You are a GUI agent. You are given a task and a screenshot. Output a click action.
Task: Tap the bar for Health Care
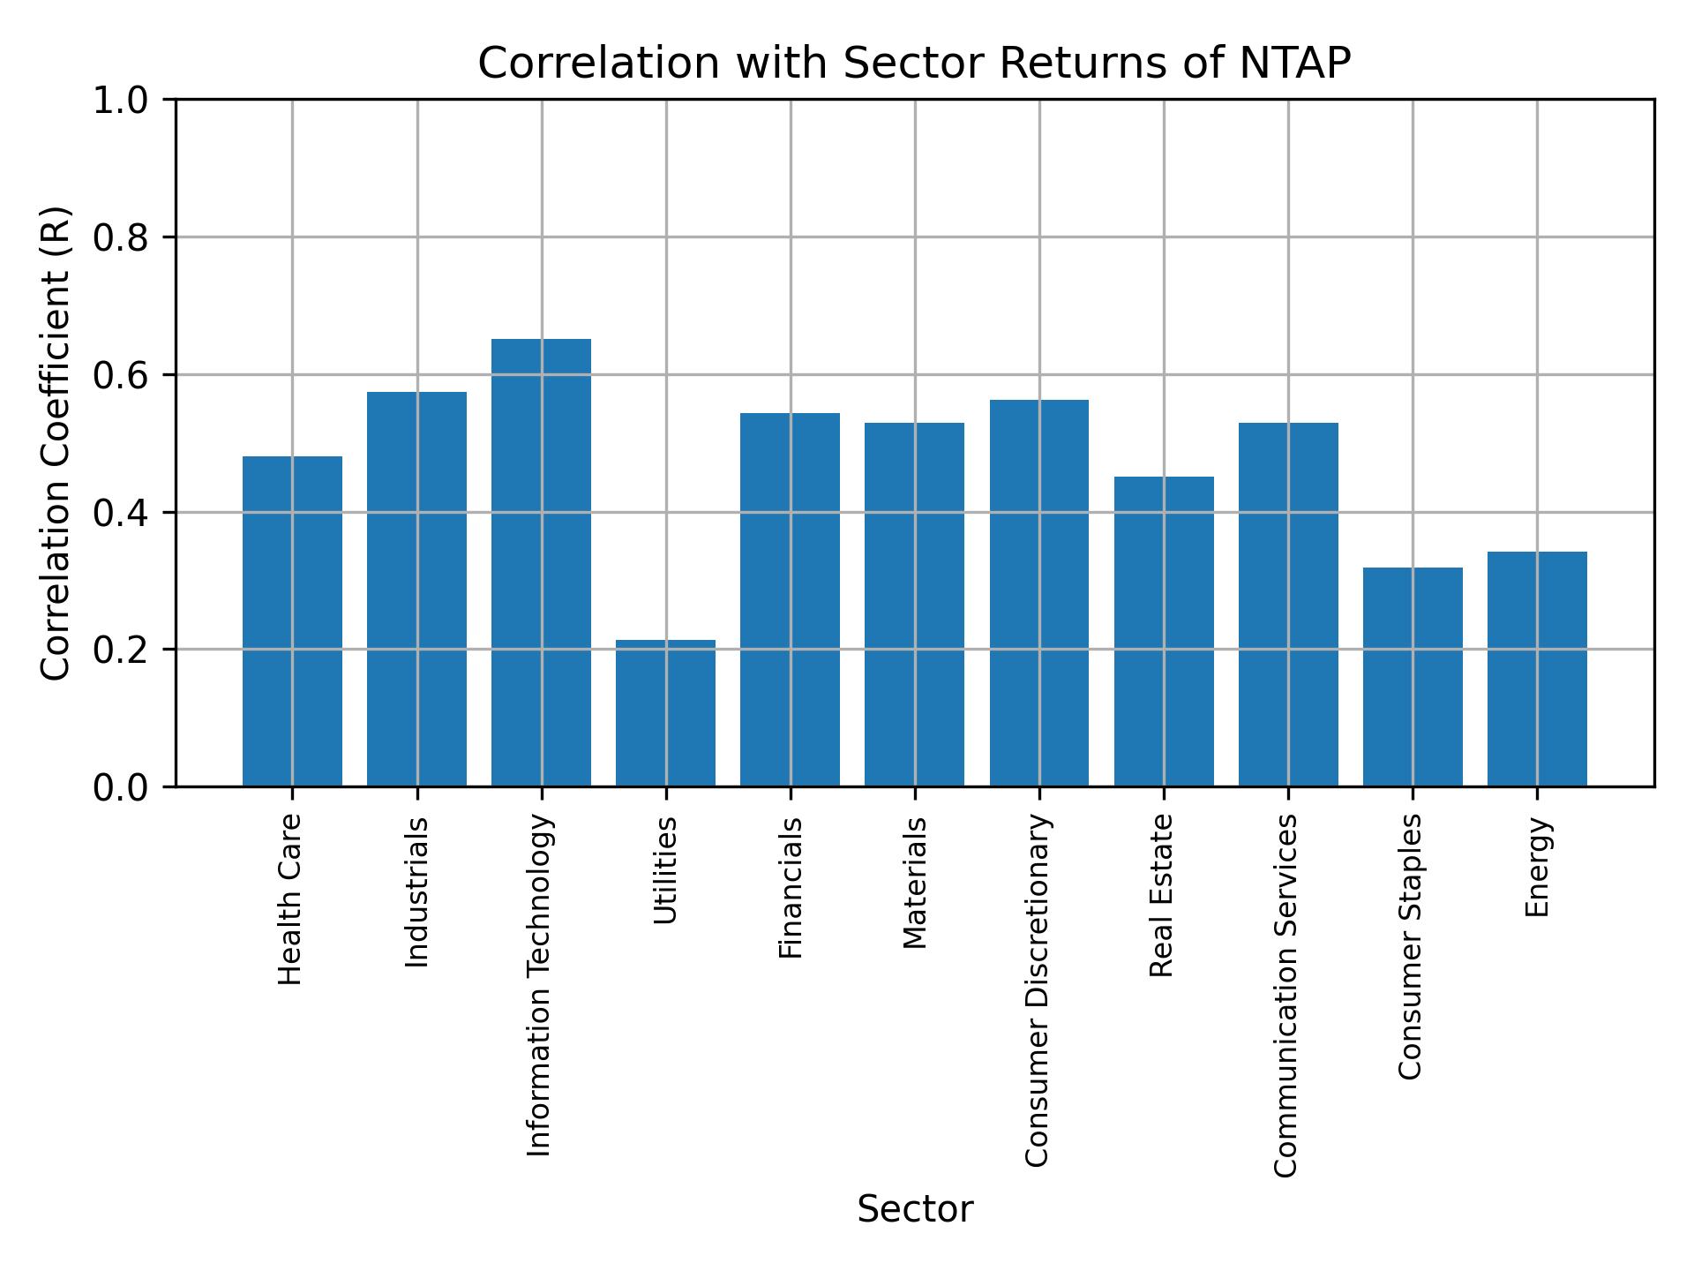[x=292, y=621]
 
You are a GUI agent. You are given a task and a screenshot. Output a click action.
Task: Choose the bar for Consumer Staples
[x=1412, y=677]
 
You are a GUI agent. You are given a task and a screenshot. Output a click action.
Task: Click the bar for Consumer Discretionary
[x=1038, y=593]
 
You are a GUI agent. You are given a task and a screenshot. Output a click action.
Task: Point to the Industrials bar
[x=416, y=589]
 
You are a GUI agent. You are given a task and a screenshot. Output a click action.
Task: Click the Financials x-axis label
[x=791, y=887]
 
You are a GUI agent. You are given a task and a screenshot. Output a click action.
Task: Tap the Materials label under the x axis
[x=915, y=883]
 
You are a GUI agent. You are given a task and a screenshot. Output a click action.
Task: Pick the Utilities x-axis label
[x=666, y=870]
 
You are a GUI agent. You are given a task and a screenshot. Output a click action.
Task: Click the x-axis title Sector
[x=915, y=1209]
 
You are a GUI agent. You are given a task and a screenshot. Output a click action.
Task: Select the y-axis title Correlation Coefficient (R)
[x=56, y=443]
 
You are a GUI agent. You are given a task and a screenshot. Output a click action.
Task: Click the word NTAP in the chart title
[x=1293, y=64]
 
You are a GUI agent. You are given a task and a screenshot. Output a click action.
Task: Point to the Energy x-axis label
[x=1537, y=867]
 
